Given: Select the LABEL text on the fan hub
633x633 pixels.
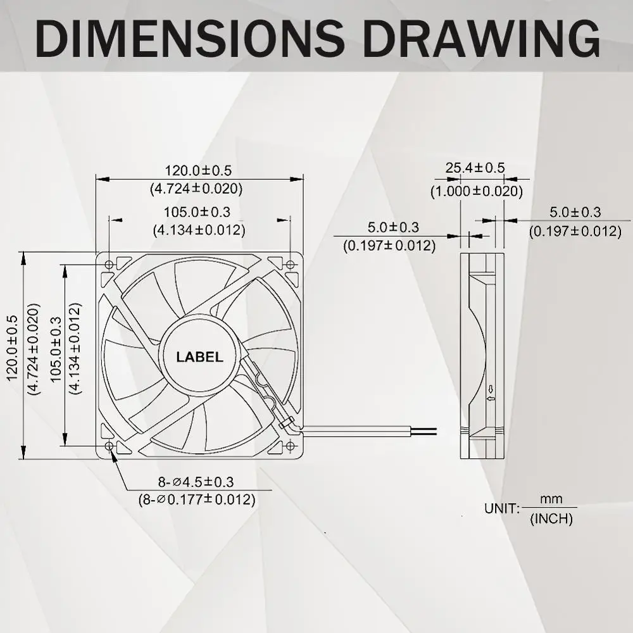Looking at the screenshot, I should (x=199, y=357).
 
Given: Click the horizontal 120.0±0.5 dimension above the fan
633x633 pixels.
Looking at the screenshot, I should (x=198, y=170).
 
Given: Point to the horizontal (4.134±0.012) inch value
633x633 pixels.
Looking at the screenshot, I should (x=199, y=230).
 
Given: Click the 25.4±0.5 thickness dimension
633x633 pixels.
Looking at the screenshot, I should (x=475, y=168).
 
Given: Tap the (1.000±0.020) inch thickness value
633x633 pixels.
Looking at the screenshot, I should (x=477, y=191).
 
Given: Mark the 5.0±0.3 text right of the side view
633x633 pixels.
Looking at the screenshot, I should (x=575, y=212).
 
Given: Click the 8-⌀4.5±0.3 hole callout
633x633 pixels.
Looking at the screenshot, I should (x=197, y=482).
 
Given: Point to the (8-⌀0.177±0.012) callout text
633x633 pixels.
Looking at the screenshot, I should (x=197, y=499).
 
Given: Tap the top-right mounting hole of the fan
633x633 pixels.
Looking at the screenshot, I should (x=291, y=264).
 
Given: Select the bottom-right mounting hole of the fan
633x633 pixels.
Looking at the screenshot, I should (x=291, y=446).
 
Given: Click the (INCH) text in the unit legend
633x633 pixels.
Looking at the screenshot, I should (x=551, y=519).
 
